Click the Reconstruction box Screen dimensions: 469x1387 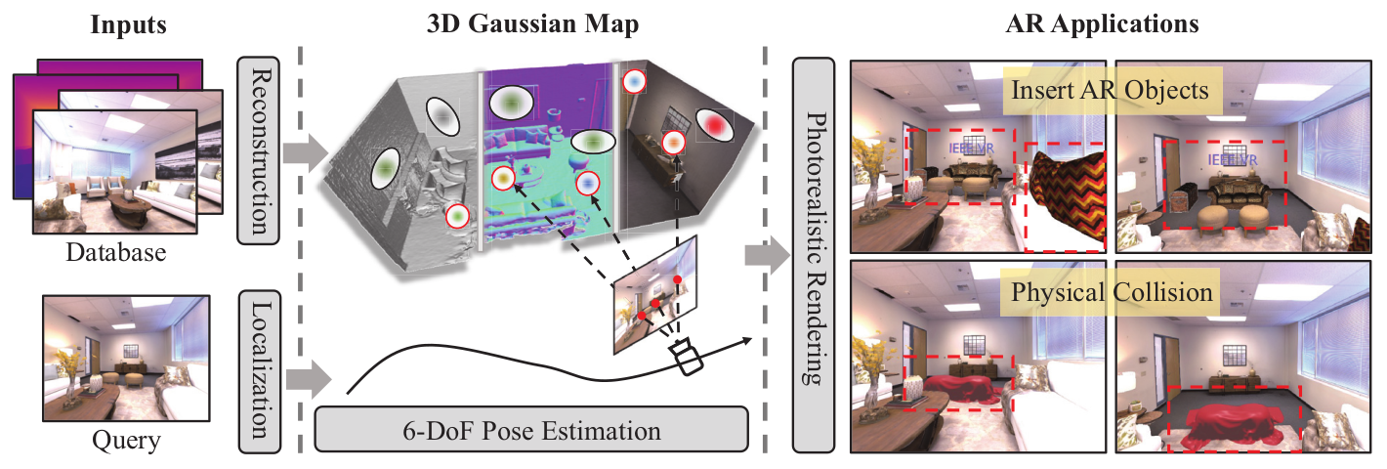click(x=259, y=149)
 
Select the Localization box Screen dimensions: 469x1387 click(x=259, y=370)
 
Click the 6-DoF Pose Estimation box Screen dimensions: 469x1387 click(x=531, y=430)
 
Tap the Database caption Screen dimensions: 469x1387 click(x=115, y=254)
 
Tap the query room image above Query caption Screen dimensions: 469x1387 click(x=128, y=359)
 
